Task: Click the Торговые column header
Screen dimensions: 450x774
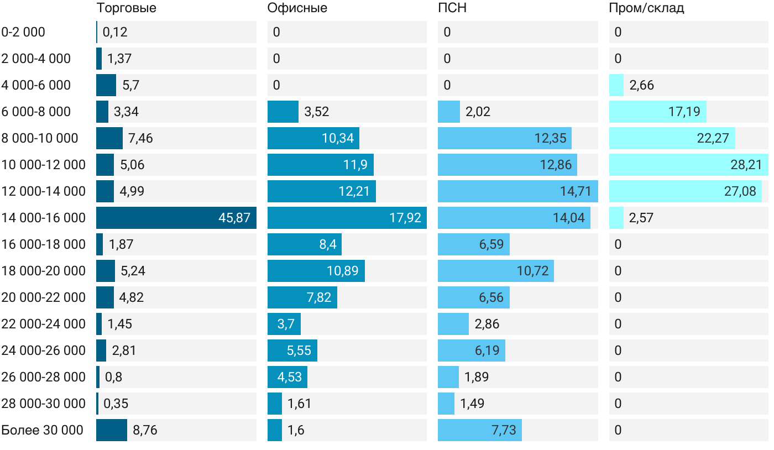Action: [x=126, y=8]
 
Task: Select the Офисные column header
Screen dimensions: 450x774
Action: [x=297, y=8]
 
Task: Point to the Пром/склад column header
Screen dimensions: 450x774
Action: [x=646, y=8]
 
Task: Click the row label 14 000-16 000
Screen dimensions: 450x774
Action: [x=44, y=218]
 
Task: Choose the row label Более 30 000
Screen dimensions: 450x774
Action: [x=42, y=430]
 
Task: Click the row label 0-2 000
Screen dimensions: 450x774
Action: [x=23, y=32]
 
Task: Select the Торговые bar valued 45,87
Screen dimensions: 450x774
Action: [x=176, y=218]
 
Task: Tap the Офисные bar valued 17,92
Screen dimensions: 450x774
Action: [x=347, y=218]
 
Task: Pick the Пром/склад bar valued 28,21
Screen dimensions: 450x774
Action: [x=688, y=165]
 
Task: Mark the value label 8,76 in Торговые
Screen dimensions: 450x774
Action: [x=145, y=430]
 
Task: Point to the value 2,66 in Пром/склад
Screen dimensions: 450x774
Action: [x=641, y=85]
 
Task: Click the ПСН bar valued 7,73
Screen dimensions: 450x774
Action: [x=479, y=430]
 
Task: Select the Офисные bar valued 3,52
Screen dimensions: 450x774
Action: [x=283, y=112]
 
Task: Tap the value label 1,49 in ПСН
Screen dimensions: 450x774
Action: [x=472, y=404]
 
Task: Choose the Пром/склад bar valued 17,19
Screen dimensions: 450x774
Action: [x=657, y=112]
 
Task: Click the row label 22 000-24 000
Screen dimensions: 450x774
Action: [x=44, y=324]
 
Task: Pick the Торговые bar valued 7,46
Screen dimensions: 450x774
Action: [x=109, y=138]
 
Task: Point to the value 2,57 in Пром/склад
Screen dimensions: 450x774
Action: [x=641, y=218]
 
